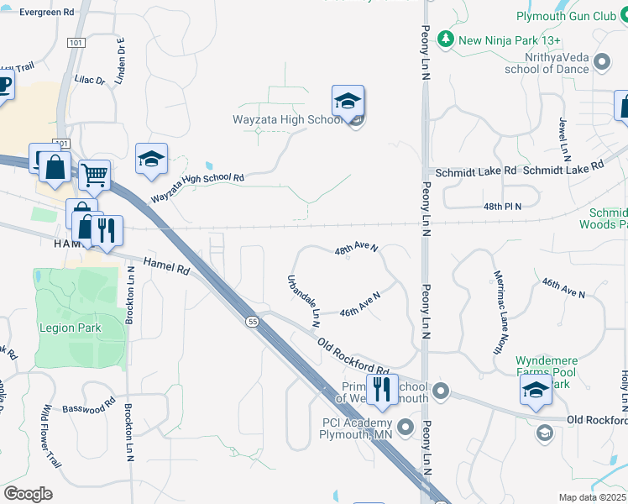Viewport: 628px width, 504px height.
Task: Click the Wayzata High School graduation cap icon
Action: [x=348, y=102]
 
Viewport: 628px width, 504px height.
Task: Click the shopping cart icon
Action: [x=95, y=176]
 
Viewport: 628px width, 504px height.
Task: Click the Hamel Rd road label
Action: [x=165, y=267]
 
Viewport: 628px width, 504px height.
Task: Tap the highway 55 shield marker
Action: [x=252, y=322]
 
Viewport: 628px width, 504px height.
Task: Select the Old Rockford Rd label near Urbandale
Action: [x=353, y=356]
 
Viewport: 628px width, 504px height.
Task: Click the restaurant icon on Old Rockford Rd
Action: [x=382, y=389]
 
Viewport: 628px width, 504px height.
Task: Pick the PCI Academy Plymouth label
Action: [x=357, y=428]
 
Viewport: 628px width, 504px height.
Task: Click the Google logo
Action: [x=28, y=494]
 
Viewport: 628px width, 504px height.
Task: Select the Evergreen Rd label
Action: [x=46, y=13]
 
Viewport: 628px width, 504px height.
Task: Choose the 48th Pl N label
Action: [x=502, y=206]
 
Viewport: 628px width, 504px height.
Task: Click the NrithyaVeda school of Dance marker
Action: [x=601, y=61]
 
